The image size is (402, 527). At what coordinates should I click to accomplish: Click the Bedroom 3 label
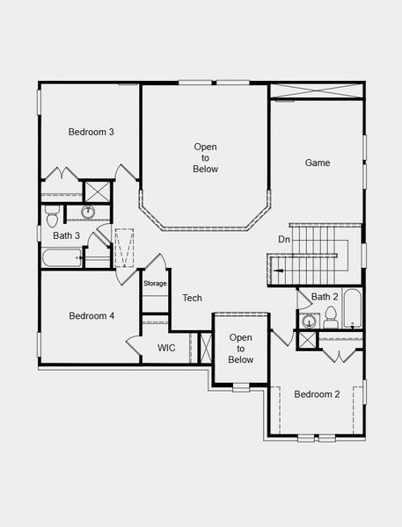coord(91,132)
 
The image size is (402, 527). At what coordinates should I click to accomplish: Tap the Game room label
coord(318,162)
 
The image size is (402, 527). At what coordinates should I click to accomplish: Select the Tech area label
coord(192,299)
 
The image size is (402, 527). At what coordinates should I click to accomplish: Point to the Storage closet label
coord(155,284)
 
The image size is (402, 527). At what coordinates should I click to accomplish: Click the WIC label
coord(167,348)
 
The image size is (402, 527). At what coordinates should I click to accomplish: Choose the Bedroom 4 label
coord(91,316)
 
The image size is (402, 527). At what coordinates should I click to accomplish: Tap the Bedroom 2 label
coord(317,394)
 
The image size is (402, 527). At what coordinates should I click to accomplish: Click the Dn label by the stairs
coord(284,239)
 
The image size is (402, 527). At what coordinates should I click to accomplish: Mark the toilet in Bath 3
coord(52,213)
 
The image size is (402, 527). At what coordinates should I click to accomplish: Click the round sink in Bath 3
coord(88,212)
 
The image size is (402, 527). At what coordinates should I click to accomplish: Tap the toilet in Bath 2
coord(331,316)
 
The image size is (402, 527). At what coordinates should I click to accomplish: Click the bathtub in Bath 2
coord(352,309)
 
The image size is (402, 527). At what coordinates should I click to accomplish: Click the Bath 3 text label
coord(67,235)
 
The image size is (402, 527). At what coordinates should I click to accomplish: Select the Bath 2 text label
coord(325,297)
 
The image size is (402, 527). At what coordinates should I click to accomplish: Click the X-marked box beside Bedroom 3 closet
coord(97,191)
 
